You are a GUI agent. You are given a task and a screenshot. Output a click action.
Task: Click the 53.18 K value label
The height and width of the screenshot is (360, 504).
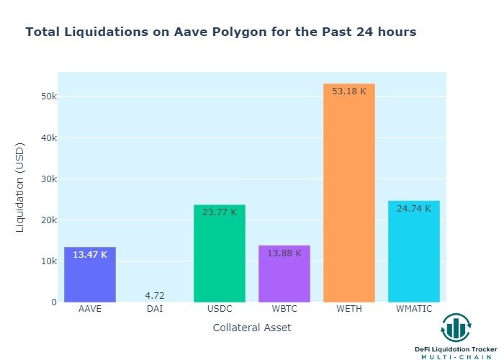(x=349, y=91)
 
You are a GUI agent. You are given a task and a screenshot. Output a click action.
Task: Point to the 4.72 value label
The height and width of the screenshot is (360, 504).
(x=155, y=296)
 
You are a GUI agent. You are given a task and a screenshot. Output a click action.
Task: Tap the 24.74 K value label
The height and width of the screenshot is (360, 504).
(x=414, y=209)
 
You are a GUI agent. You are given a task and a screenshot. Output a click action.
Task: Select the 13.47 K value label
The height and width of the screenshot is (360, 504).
(x=90, y=254)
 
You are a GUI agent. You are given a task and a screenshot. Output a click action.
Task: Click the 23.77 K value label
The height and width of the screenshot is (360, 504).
(x=220, y=212)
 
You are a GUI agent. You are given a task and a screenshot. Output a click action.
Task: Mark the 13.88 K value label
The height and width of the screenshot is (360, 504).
(x=284, y=253)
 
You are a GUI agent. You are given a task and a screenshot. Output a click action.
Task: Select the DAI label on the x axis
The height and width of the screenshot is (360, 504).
(x=155, y=310)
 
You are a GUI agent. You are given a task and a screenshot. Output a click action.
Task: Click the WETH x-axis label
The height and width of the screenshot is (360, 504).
(x=349, y=310)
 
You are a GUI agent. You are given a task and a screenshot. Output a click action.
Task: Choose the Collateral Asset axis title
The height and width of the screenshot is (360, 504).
(x=252, y=328)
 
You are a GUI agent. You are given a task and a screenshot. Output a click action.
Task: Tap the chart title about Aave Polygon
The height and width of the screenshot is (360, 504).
(x=220, y=32)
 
